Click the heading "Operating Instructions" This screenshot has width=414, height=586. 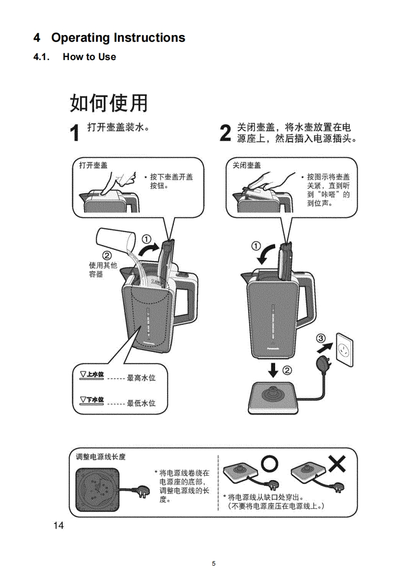pos(118,38)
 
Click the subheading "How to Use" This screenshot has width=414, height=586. pos(89,57)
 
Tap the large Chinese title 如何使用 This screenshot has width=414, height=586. pos(109,103)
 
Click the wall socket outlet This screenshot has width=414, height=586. pos(344,345)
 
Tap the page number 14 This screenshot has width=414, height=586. pos(58,525)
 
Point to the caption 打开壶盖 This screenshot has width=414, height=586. pos(93,165)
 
